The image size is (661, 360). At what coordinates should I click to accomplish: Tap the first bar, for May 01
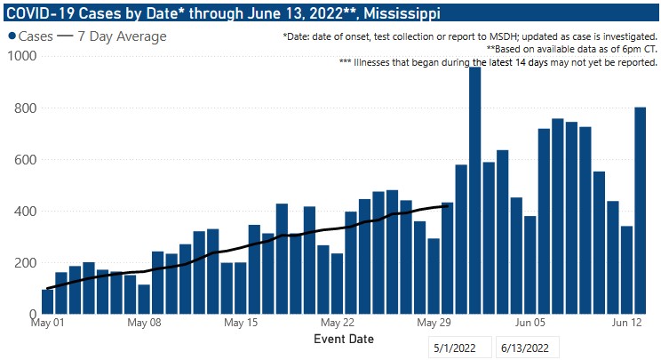tap(47, 301)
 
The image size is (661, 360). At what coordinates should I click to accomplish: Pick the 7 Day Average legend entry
tap(111, 36)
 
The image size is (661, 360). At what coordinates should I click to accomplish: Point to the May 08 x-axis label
tap(144, 324)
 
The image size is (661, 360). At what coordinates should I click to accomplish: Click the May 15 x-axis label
tap(240, 324)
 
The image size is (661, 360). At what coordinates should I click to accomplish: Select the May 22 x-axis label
tap(337, 324)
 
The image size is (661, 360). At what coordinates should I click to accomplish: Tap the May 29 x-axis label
tap(433, 324)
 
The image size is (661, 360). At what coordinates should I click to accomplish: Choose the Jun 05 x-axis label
tap(530, 324)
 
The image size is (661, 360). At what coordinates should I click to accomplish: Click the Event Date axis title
tap(344, 340)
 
